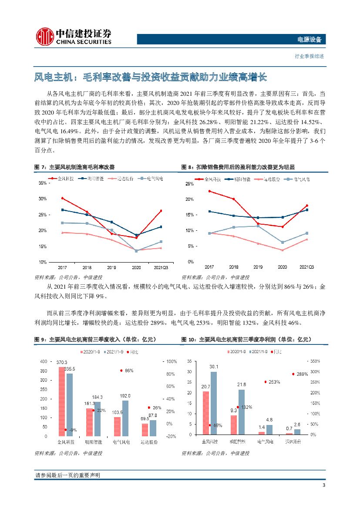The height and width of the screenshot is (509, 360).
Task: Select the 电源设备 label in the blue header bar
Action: tap(309, 40)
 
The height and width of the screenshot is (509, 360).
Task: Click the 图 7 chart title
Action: tap(74, 167)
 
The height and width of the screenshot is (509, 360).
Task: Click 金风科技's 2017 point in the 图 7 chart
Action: tap(63, 198)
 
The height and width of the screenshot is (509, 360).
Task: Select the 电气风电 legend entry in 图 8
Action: tap(299, 179)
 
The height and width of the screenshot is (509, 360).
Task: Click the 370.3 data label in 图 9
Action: tap(62, 362)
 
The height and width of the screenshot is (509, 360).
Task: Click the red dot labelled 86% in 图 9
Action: tap(121, 371)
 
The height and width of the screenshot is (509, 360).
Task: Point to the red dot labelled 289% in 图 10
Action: tap(293, 374)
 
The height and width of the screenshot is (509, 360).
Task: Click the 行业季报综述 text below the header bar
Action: tap(309, 56)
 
